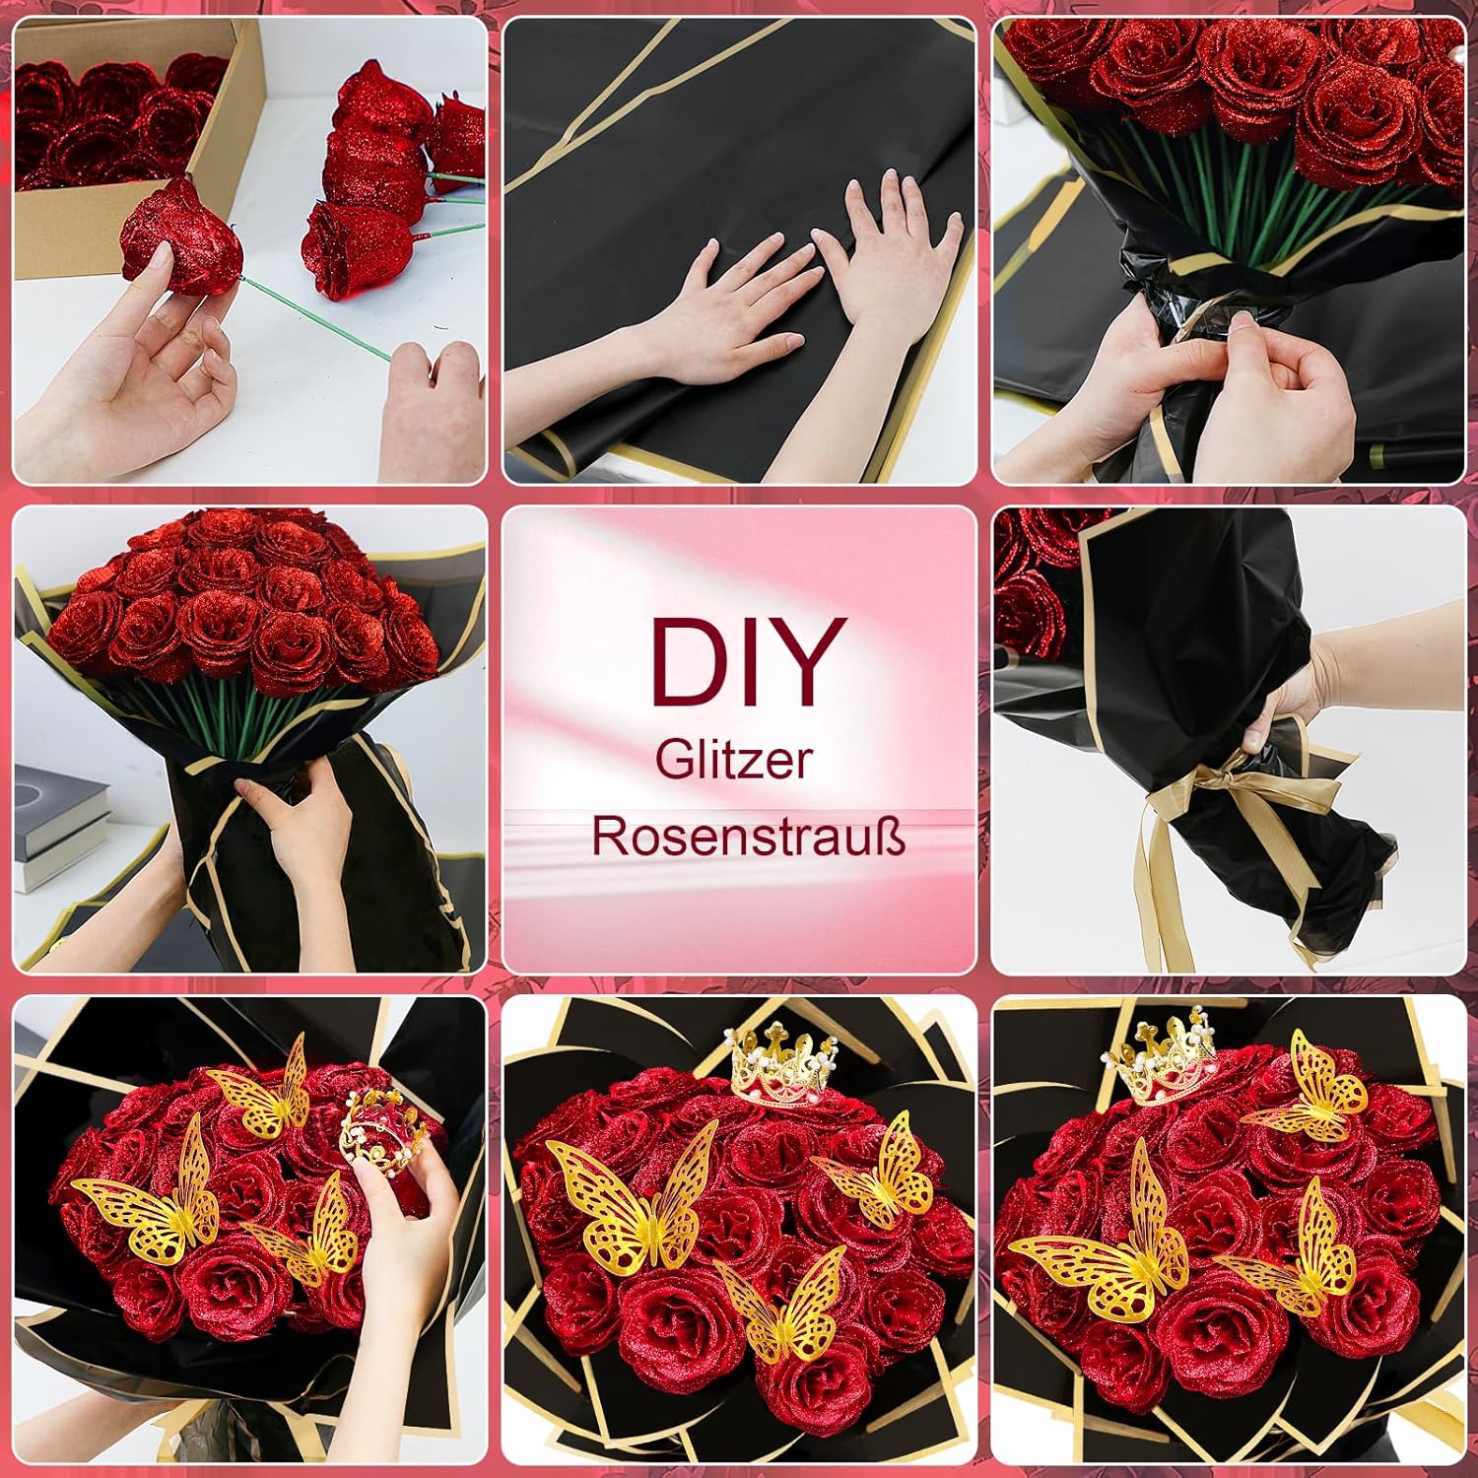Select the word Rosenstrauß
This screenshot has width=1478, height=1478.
tap(748, 837)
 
